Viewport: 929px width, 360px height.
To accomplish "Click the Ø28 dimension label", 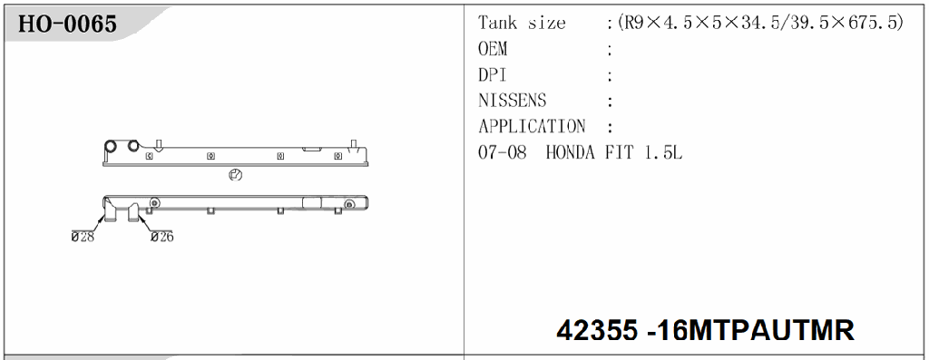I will (84, 237).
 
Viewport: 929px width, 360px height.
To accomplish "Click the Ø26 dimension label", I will (161, 237).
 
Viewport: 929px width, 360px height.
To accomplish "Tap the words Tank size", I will (522, 23).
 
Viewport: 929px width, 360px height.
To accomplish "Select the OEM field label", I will (493, 49).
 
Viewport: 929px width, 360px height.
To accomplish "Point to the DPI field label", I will (492, 75).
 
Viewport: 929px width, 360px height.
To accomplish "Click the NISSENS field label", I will (512, 101).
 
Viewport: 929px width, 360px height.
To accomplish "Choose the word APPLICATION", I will (532, 127).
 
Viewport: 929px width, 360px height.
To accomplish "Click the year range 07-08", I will (502, 153).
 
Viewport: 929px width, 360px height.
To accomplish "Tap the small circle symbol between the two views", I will (234, 176).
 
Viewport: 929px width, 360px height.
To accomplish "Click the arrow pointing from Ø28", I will (97, 222).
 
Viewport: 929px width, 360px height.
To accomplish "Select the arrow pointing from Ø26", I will (145, 223).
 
